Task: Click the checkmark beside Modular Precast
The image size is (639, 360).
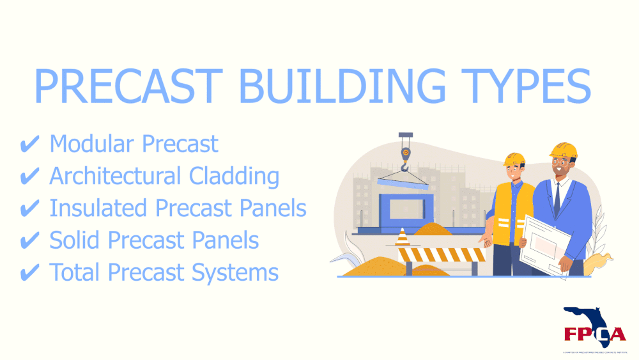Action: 29,145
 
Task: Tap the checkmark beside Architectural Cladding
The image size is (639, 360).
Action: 29,177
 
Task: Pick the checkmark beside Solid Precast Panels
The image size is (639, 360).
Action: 29,241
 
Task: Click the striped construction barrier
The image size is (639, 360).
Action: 442,255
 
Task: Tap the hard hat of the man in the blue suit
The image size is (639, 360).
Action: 563,152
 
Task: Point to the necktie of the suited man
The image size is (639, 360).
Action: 557,198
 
